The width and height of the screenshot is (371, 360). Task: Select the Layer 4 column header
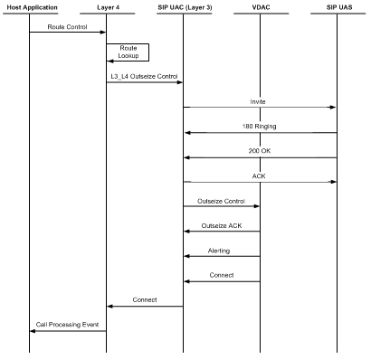(107, 8)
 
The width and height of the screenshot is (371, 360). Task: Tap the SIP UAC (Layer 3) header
(184, 8)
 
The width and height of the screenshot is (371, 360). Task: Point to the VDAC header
(261, 8)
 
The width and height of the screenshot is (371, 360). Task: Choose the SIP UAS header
(338, 8)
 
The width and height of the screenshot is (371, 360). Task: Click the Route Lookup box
(128, 52)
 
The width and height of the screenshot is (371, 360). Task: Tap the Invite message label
(261, 101)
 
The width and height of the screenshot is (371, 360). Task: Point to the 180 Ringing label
(261, 127)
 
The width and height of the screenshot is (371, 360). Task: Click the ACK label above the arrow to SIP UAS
(261, 175)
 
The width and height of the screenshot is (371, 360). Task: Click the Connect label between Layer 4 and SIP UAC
(145, 299)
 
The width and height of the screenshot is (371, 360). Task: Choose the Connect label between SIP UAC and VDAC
(222, 275)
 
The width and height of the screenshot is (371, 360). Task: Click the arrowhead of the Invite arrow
(334, 108)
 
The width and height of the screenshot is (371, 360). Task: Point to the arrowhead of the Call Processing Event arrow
(33, 330)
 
